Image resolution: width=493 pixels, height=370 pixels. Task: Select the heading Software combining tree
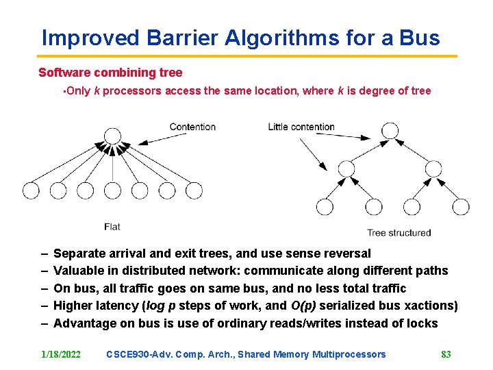(110, 73)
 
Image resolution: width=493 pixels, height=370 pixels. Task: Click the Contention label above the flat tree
(192, 127)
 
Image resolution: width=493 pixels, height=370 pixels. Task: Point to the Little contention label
(301, 127)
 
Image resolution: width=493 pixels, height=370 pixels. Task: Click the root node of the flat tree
(112, 136)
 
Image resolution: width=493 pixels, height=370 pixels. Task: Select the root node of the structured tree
(390, 130)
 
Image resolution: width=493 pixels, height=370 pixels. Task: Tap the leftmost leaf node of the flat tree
(31, 190)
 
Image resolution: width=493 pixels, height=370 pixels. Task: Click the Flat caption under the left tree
(112, 227)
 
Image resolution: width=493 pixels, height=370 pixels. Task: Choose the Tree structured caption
(399, 233)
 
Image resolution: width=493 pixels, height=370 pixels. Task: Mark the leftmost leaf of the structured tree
(325, 206)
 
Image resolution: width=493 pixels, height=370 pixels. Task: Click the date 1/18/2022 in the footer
(61, 354)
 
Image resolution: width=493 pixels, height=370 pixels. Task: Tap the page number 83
(446, 354)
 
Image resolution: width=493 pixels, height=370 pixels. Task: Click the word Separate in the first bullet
(79, 254)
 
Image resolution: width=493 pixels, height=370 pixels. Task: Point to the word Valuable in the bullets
(77, 271)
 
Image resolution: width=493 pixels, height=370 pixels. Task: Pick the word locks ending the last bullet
(422, 323)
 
